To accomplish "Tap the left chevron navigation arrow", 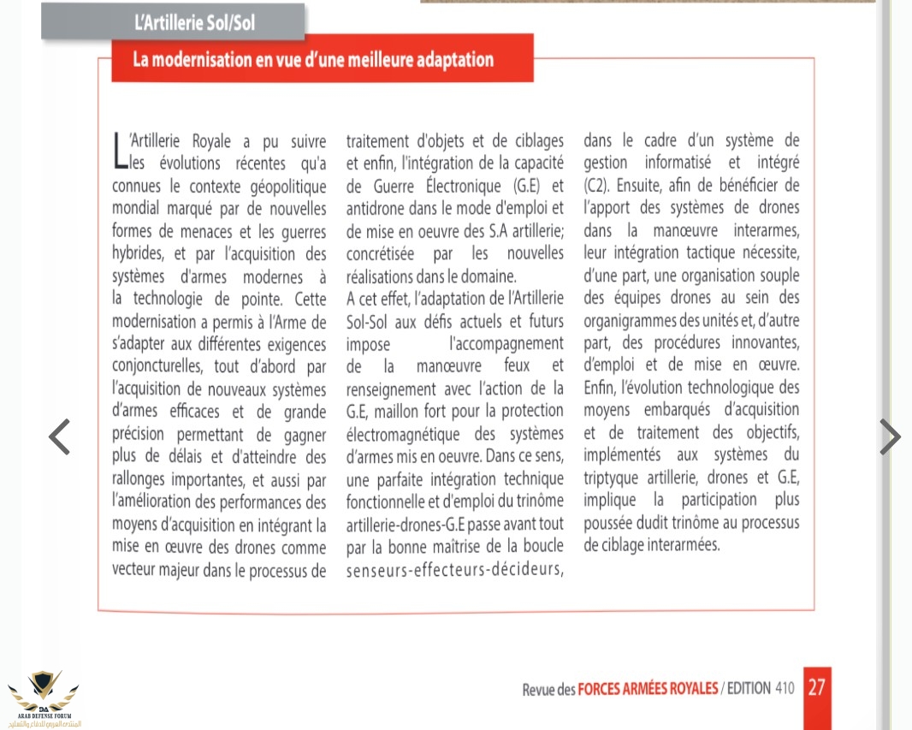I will pyautogui.click(x=59, y=437).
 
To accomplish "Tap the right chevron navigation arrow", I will pyautogui.click(x=890, y=437).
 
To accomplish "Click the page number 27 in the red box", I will pyautogui.click(x=816, y=687).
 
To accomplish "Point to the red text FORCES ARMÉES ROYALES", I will pyautogui.click(x=648, y=689).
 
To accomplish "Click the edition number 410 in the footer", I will pyautogui.click(x=785, y=689).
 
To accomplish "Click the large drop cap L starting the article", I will pyautogui.click(x=119, y=150).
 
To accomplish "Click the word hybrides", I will pyautogui.click(x=139, y=254).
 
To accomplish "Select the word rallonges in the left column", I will pyautogui.click(x=142, y=479).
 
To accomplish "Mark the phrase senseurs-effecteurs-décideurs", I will pyautogui.click(x=454, y=569).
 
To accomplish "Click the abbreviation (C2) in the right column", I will pyautogui.click(x=596, y=186).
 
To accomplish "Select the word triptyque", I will pyautogui.click(x=619, y=478).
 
